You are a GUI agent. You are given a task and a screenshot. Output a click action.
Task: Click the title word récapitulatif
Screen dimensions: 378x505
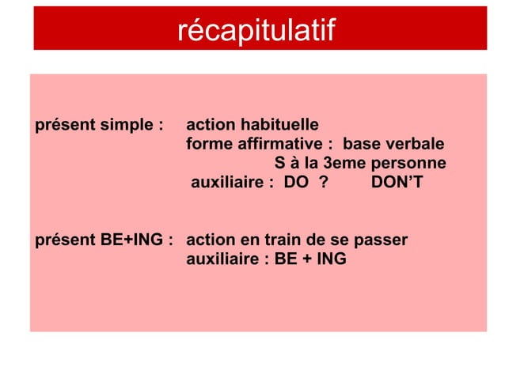[x=256, y=31]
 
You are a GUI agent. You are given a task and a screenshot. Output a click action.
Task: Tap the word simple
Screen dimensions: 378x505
[x=127, y=126]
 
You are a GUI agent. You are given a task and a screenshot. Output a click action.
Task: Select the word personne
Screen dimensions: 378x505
[x=412, y=164]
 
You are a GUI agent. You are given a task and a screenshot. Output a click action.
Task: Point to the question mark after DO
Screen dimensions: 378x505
[x=323, y=184]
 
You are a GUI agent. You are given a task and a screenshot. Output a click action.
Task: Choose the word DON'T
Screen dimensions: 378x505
[x=397, y=184]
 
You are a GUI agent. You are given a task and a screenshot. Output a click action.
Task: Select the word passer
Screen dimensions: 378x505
[x=383, y=239]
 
